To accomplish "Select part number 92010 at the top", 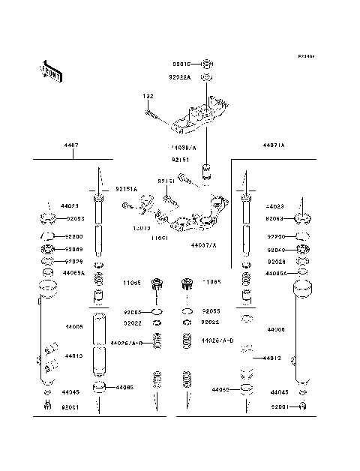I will (181, 64).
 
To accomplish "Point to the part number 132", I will (149, 97).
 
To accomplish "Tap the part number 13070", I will (142, 228).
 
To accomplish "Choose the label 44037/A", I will (204, 244).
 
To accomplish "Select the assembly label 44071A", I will (274, 145).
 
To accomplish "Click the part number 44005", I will (73, 327).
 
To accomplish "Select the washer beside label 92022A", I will (208, 77).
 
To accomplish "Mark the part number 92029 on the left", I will (73, 262).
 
